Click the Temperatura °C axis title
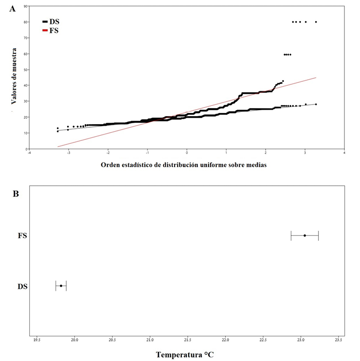(185, 354)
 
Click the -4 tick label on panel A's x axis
(29, 152)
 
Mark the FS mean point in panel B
(305, 235)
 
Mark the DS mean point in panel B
(61, 286)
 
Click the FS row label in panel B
(22, 235)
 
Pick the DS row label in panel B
(22, 286)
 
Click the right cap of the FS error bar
(319, 235)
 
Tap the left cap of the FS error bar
(291, 235)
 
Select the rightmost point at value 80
(316, 22)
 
